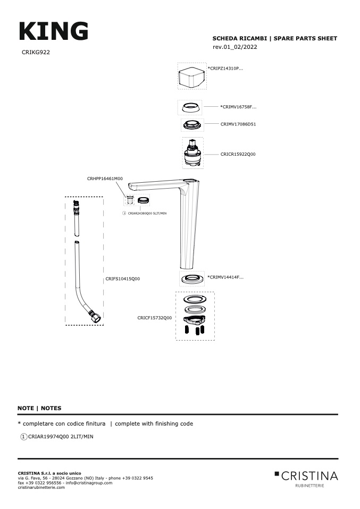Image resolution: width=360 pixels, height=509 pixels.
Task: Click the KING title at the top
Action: coord(53,31)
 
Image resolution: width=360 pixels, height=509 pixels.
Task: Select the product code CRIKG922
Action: coord(36,53)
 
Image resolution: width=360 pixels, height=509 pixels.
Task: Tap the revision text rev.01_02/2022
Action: coord(235,47)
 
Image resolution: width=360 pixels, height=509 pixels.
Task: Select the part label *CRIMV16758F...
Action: coord(238,107)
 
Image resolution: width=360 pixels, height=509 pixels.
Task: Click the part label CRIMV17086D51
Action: coord(238,124)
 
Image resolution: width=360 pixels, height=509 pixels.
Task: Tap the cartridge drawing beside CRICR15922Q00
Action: coord(192,153)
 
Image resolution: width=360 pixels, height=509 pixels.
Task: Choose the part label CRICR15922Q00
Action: coord(238,154)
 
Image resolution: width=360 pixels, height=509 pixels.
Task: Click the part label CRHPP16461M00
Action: coord(105,179)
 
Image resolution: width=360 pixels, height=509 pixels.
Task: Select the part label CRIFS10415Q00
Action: coord(123,278)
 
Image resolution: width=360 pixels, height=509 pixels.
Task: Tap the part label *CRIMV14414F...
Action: coord(225,277)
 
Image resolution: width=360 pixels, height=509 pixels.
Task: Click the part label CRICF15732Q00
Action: coord(155,318)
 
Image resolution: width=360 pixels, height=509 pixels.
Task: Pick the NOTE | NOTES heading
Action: coord(39,408)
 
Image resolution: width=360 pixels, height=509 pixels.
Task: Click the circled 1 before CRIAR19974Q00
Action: coord(23,437)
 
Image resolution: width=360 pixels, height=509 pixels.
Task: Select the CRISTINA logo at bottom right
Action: coord(306,476)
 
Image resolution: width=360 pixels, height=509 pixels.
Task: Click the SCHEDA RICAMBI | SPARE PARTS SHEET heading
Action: coord(274,38)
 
